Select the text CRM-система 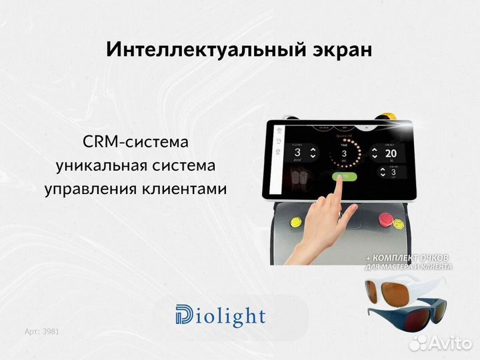135,142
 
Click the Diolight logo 220,316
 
